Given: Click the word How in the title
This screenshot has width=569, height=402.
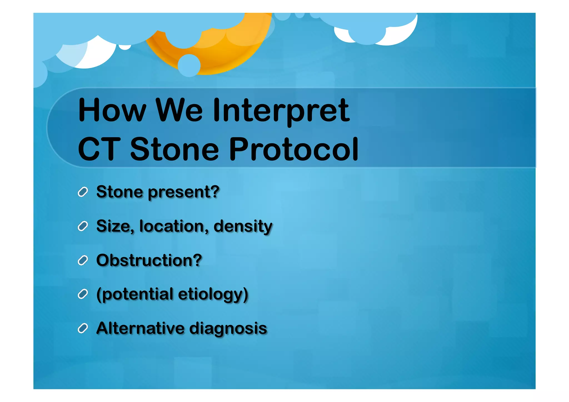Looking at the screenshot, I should [x=112, y=110].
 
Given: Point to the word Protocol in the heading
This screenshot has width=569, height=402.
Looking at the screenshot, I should [x=294, y=149].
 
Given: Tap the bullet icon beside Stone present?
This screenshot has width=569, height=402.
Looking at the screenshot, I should [x=83, y=192].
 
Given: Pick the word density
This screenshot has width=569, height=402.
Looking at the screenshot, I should [x=243, y=226].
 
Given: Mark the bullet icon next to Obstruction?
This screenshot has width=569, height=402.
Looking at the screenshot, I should [x=83, y=260].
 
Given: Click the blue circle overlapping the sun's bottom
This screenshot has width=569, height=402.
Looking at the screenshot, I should [x=189, y=66].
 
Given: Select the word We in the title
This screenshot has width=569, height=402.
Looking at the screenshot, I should [x=179, y=110].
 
